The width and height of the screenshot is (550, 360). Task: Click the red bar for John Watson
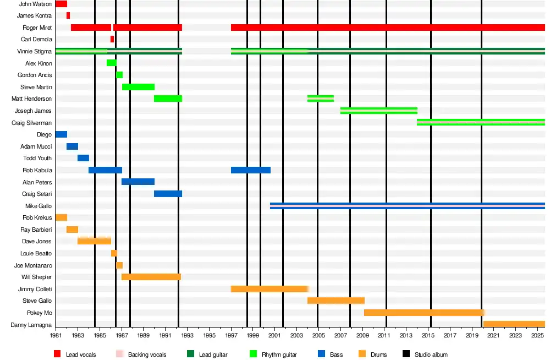click(x=61, y=4)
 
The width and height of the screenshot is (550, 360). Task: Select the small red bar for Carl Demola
click(x=112, y=39)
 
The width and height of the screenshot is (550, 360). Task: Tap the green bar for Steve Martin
click(x=138, y=87)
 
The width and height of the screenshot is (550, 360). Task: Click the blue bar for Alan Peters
click(x=138, y=182)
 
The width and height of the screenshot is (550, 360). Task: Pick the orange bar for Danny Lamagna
click(x=514, y=324)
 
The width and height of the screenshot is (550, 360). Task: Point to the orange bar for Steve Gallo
click(x=335, y=301)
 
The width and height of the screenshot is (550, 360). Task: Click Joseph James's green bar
click(x=379, y=111)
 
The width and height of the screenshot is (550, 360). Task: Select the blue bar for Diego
click(x=61, y=134)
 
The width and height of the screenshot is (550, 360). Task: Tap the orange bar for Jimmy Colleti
click(x=269, y=289)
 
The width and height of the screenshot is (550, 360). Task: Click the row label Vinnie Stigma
click(x=34, y=51)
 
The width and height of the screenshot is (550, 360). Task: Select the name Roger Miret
click(x=37, y=28)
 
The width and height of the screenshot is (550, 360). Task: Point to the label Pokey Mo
click(x=39, y=313)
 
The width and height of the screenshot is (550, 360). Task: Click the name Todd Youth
click(x=37, y=158)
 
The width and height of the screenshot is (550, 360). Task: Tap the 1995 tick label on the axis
click(x=210, y=335)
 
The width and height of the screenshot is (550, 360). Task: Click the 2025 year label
click(x=537, y=335)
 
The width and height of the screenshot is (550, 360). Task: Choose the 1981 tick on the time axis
click(x=56, y=335)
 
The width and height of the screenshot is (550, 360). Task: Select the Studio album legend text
click(x=432, y=355)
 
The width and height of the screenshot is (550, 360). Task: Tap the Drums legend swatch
click(x=362, y=354)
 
